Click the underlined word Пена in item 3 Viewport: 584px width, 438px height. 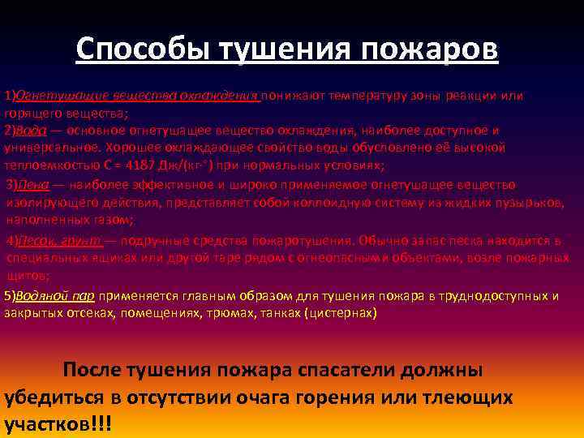[30, 185]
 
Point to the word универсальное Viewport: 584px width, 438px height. [48, 148]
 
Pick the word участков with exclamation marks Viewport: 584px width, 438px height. [48, 425]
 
